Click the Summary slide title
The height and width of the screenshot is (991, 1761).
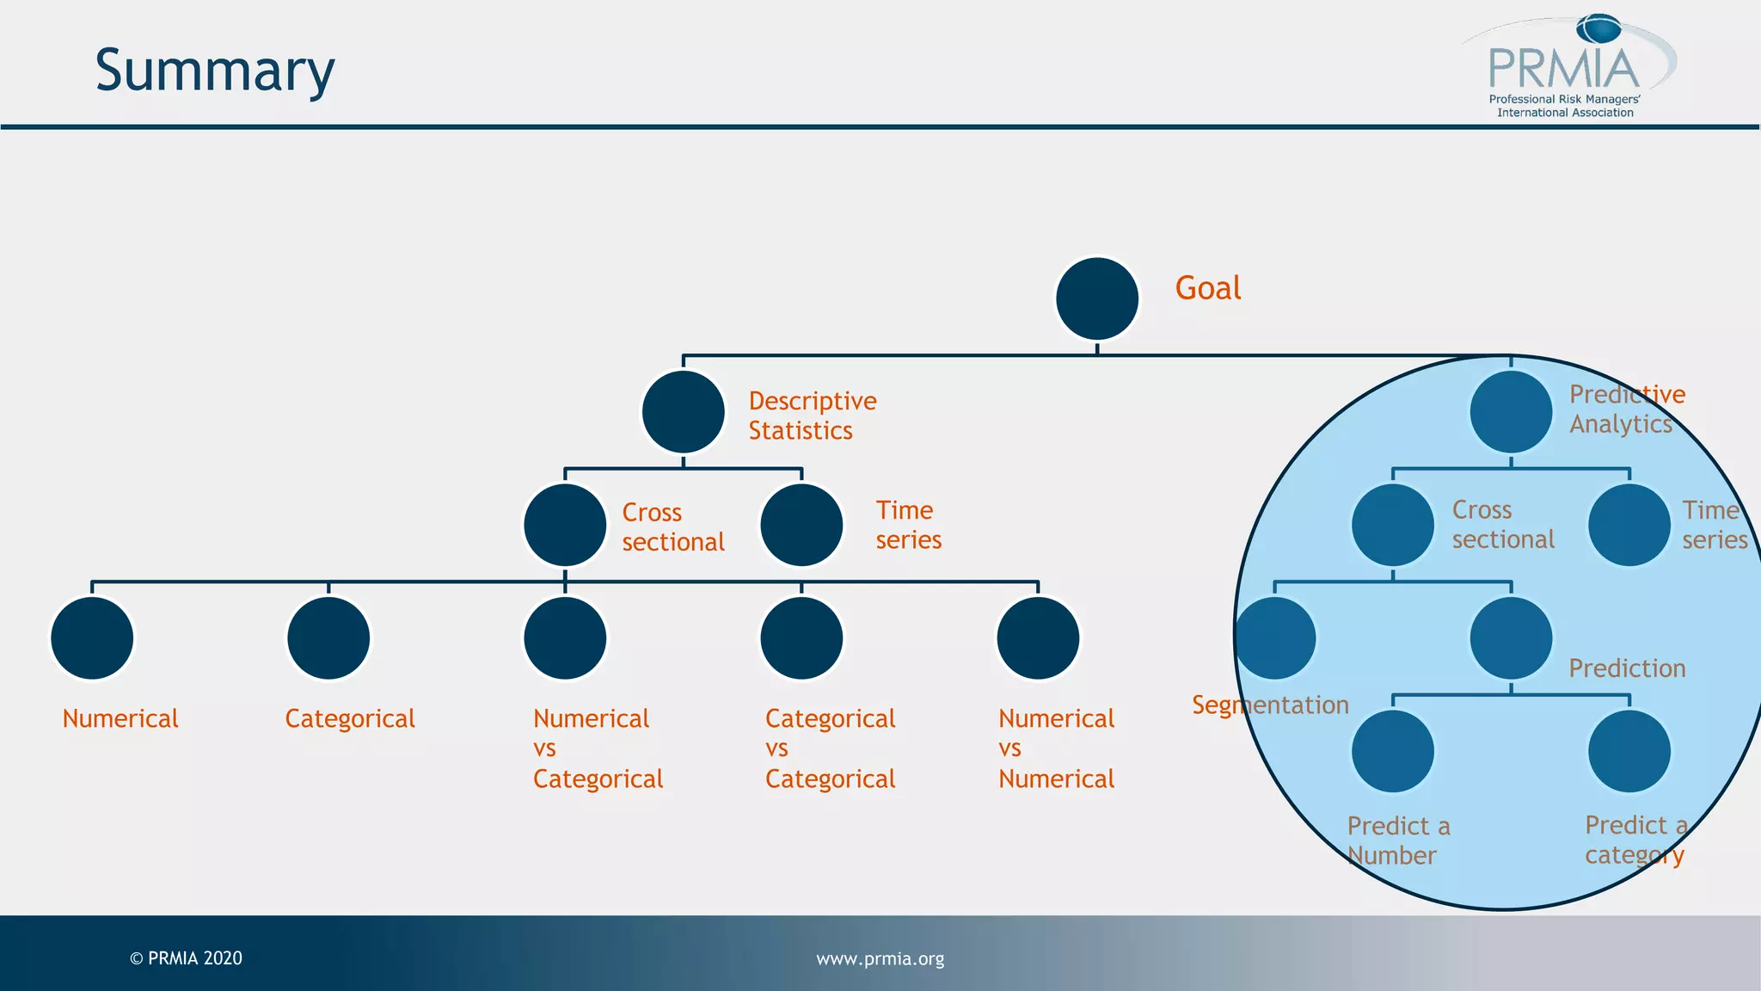pos(214,71)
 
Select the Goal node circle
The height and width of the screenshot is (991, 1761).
pos(1096,299)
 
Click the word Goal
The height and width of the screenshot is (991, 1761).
pos(1207,288)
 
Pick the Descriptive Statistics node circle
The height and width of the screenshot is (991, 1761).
pos(683,412)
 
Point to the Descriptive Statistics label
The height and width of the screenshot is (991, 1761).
pos(812,415)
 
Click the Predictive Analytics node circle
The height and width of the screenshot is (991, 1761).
pos(1510,412)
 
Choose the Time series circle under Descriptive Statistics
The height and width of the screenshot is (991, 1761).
pos(801,525)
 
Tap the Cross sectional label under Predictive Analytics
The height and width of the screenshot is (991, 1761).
pos(1502,525)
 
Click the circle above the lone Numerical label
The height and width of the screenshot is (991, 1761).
pos(92,638)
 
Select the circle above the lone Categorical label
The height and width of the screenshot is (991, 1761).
pos(328,638)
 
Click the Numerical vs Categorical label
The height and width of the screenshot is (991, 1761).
pos(598,748)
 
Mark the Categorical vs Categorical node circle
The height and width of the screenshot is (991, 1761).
pos(801,638)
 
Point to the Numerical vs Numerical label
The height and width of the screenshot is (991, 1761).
pos(1056,748)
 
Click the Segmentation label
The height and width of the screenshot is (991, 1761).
pos(1269,705)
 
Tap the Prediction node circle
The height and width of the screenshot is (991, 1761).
pos(1510,638)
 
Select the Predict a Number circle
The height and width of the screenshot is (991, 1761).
pos(1392,751)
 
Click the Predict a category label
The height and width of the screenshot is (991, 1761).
pos(1635,840)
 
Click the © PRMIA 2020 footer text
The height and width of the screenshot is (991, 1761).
pos(186,958)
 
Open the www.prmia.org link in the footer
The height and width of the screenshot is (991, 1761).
pos(880,958)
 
